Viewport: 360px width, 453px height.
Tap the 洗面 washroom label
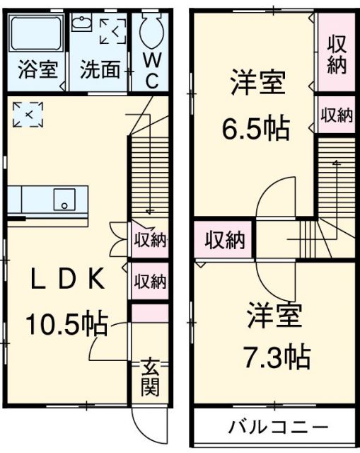coord(98,71)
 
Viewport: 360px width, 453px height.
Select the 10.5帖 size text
coord(67,324)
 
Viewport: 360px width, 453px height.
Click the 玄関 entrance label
coord(150,377)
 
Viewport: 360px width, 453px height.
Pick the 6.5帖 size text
coord(256,128)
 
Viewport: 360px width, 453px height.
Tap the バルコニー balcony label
coord(278,428)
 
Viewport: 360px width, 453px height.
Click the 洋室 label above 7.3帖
coord(275,315)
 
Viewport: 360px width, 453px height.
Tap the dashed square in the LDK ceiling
coord(28,113)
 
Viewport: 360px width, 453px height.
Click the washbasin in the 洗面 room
coord(79,23)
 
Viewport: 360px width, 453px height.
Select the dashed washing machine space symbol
coord(112,30)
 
